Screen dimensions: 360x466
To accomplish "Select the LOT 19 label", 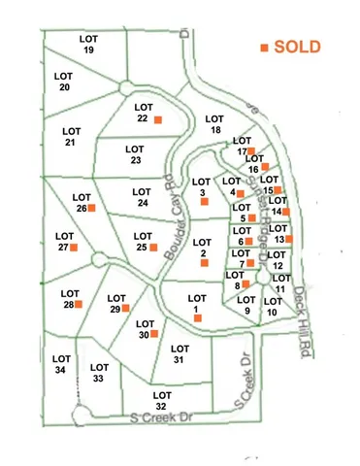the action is tap(88, 44).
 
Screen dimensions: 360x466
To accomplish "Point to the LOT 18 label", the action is tap(216, 123).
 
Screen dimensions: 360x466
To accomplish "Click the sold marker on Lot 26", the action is tap(92, 208).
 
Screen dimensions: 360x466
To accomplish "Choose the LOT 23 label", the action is tap(135, 154).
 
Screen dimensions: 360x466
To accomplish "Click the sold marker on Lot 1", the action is tap(198, 317).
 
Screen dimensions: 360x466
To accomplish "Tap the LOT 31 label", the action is tap(178, 353).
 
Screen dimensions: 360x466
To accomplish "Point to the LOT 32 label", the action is tap(161, 399).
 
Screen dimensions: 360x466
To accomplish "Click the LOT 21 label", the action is tap(71, 137).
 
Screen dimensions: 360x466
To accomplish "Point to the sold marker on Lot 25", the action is tap(153, 248).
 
